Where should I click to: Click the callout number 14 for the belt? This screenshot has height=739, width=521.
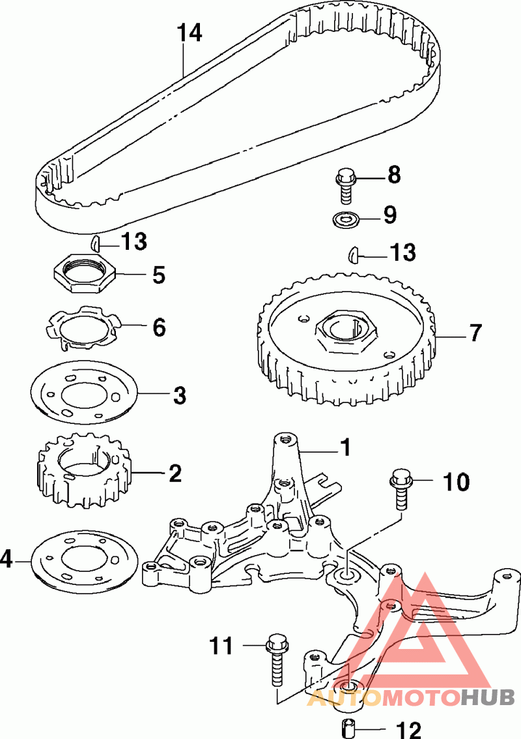(x=190, y=33)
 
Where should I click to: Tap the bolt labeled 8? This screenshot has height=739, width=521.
(x=346, y=186)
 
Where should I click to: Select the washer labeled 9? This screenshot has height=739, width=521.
(x=345, y=219)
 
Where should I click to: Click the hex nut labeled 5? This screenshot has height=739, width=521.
(x=83, y=273)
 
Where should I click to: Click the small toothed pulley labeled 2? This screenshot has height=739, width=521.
(x=84, y=472)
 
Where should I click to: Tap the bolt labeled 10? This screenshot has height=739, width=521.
(x=401, y=489)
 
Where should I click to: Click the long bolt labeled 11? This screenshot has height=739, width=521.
(x=277, y=660)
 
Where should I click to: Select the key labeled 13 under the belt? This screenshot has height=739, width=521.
(x=94, y=243)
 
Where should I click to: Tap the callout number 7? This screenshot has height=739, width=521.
(x=476, y=333)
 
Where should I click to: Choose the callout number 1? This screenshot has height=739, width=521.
(x=345, y=447)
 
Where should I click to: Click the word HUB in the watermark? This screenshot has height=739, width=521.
(x=488, y=697)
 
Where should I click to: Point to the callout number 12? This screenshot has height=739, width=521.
(x=408, y=729)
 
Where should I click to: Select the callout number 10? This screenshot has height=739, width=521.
(x=456, y=481)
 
